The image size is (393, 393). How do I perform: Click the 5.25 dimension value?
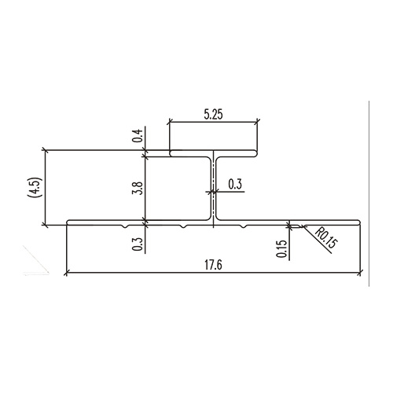[214, 114]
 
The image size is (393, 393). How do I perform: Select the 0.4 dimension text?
[138, 136]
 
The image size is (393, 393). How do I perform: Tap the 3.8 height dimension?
[138, 188]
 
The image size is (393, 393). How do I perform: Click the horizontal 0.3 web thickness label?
[234, 184]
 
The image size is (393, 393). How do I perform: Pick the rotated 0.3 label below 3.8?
[138, 244]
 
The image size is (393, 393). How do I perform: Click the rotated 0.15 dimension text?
[281, 250]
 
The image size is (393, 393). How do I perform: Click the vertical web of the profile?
[214, 189]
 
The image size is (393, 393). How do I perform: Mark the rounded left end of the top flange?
[171, 152]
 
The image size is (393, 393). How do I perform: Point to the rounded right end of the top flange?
[258, 152]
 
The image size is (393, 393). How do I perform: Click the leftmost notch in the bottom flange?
[127, 226]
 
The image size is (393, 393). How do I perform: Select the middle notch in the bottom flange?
[182, 226]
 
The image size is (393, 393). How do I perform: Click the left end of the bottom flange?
[69, 223]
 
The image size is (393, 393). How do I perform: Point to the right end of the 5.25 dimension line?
[258, 123]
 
